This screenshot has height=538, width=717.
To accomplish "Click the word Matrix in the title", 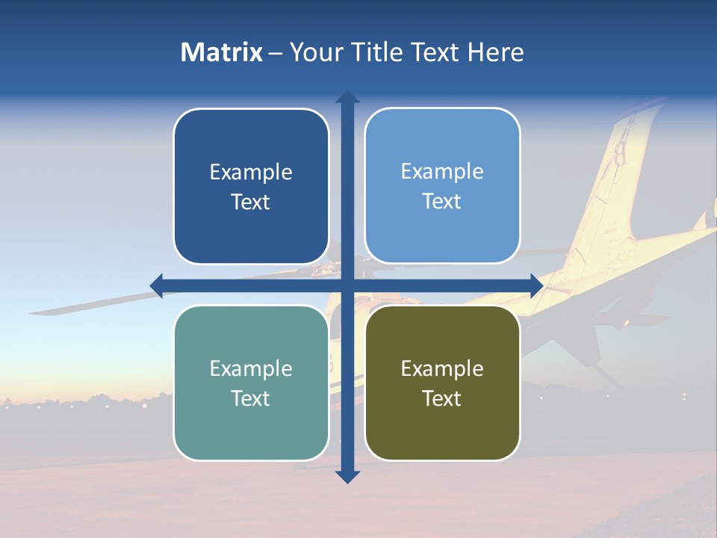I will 221,52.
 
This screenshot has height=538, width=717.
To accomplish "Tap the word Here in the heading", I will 495,52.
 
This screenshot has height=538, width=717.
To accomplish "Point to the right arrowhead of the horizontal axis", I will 536,285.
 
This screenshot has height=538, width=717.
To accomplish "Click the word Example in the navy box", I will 251,173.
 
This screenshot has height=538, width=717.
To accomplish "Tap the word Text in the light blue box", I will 442,202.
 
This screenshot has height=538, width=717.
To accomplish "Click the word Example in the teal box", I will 251,368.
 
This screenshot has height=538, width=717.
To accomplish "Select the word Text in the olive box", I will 442,398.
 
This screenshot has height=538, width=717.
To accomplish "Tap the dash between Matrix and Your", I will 276,53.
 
